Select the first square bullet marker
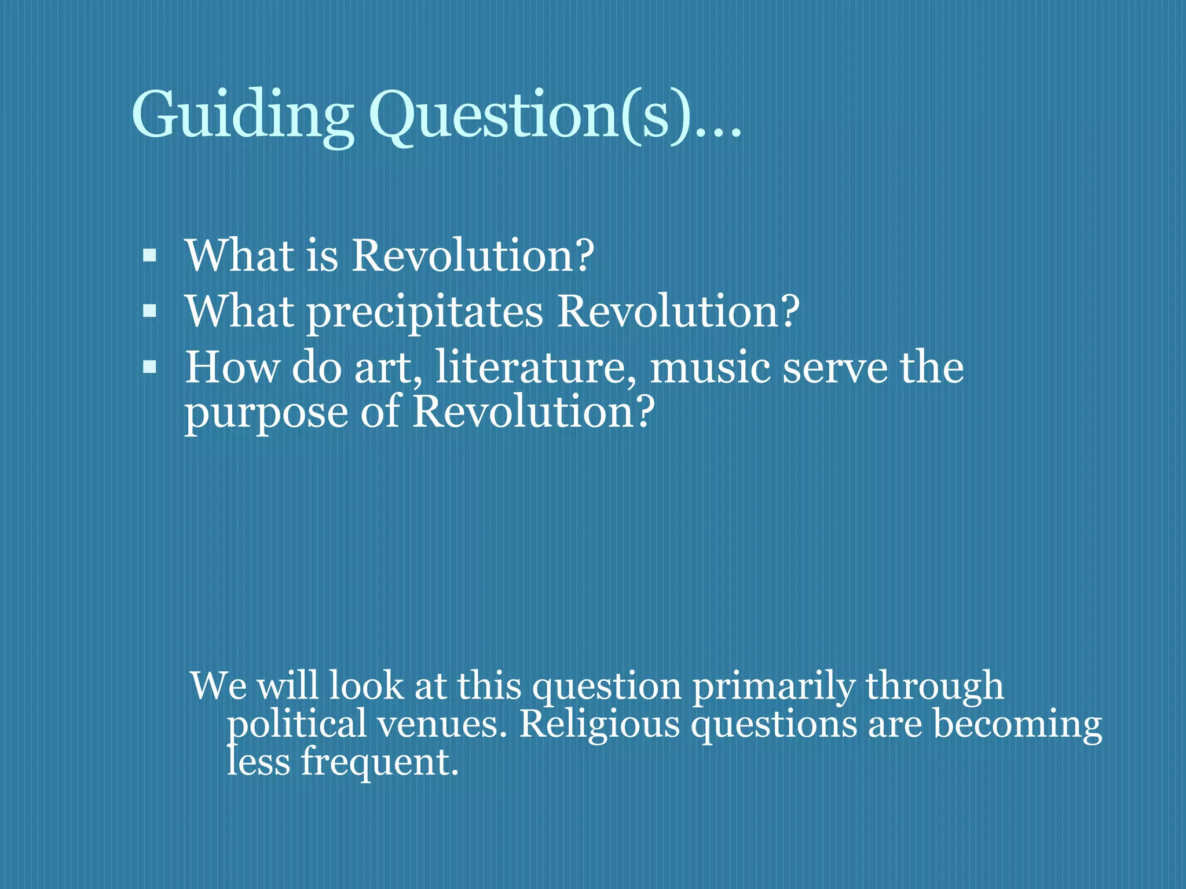pyautogui.click(x=149, y=255)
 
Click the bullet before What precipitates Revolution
pyautogui.click(x=149, y=311)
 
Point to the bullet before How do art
pyautogui.click(x=149, y=367)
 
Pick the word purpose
pyautogui.click(x=266, y=413)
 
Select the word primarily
pyautogui.click(x=774, y=686)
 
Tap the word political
pyautogui.click(x=296, y=725)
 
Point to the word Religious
pyautogui.click(x=599, y=725)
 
